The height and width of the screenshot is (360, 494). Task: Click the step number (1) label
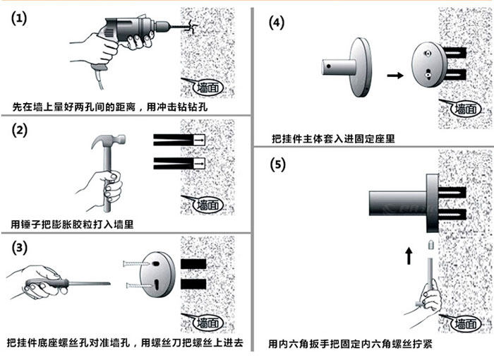click(x=19, y=19)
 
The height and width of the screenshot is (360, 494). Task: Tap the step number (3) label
click(x=19, y=248)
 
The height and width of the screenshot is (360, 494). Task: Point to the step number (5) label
click(x=277, y=165)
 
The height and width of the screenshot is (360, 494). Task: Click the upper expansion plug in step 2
click(x=180, y=141)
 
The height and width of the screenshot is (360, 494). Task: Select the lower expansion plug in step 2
click(x=180, y=164)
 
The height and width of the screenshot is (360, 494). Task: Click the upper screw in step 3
click(x=133, y=263)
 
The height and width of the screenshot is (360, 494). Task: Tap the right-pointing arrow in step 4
click(x=395, y=73)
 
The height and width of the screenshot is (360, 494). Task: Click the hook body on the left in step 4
click(x=349, y=67)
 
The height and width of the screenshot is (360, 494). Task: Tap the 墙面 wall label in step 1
click(x=210, y=88)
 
